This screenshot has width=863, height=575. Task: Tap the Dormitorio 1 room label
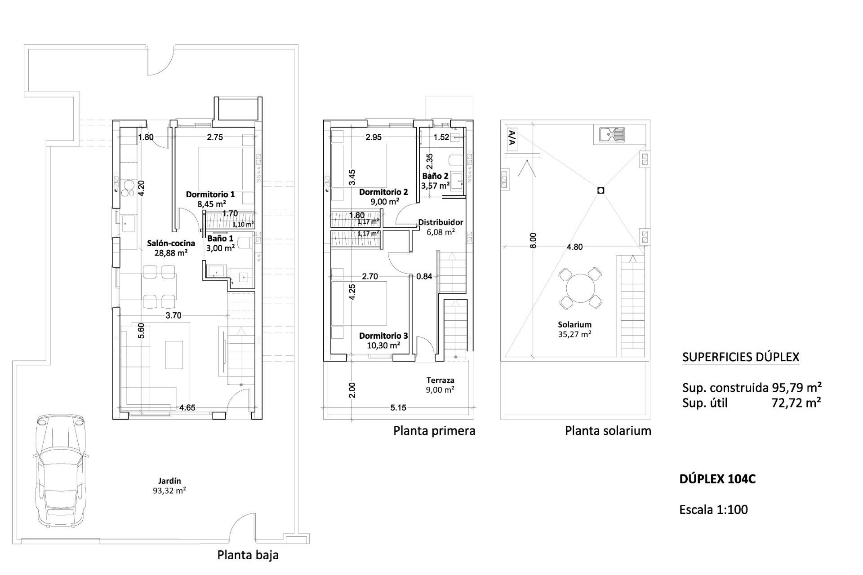click(x=210, y=195)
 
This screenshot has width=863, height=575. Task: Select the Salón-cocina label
click(x=171, y=243)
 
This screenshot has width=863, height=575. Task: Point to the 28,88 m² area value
click(x=171, y=253)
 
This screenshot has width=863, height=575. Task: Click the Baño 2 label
click(x=435, y=176)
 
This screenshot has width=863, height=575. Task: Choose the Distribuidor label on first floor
click(x=440, y=222)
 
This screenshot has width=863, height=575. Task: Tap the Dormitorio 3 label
click(x=383, y=336)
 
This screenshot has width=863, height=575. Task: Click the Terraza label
click(x=440, y=380)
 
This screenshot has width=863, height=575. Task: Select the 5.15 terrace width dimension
click(x=398, y=408)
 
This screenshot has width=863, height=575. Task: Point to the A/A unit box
click(x=511, y=138)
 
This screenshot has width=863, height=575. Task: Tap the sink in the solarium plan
click(x=612, y=134)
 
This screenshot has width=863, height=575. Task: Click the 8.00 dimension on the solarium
click(x=533, y=240)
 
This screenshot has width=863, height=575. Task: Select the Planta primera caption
click(x=434, y=431)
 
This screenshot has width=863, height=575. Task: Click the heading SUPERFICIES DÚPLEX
click(x=741, y=357)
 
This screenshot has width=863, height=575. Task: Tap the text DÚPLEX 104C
click(x=717, y=479)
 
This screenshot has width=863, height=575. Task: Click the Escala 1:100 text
click(x=713, y=509)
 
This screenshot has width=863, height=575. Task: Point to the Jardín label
click(x=169, y=481)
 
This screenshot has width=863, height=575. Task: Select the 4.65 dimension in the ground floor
click(x=187, y=408)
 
